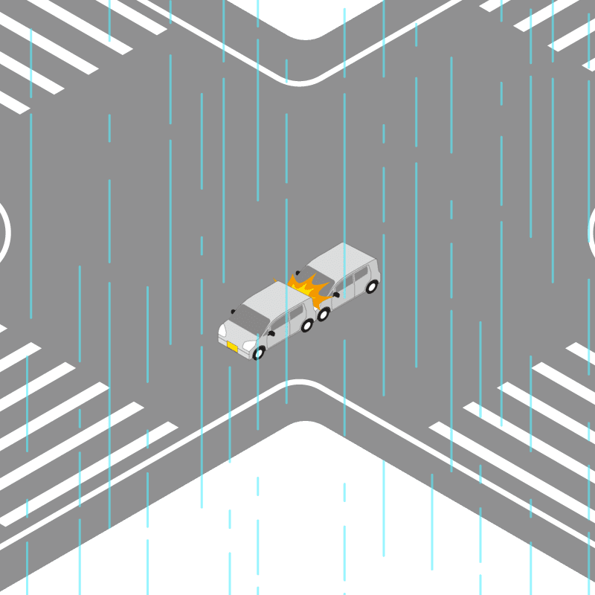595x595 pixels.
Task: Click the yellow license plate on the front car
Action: click(x=232, y=347)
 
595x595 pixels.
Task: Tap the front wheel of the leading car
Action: click(x=258, y=353)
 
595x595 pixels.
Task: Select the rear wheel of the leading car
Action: click(x=306, y=326)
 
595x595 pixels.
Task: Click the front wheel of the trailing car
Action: click(x=323, y=314)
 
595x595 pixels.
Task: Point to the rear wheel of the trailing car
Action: click(x=371, y=286)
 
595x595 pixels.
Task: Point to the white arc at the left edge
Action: click(x=7, y=232)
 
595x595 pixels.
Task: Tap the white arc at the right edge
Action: click(x=591, y=232)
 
